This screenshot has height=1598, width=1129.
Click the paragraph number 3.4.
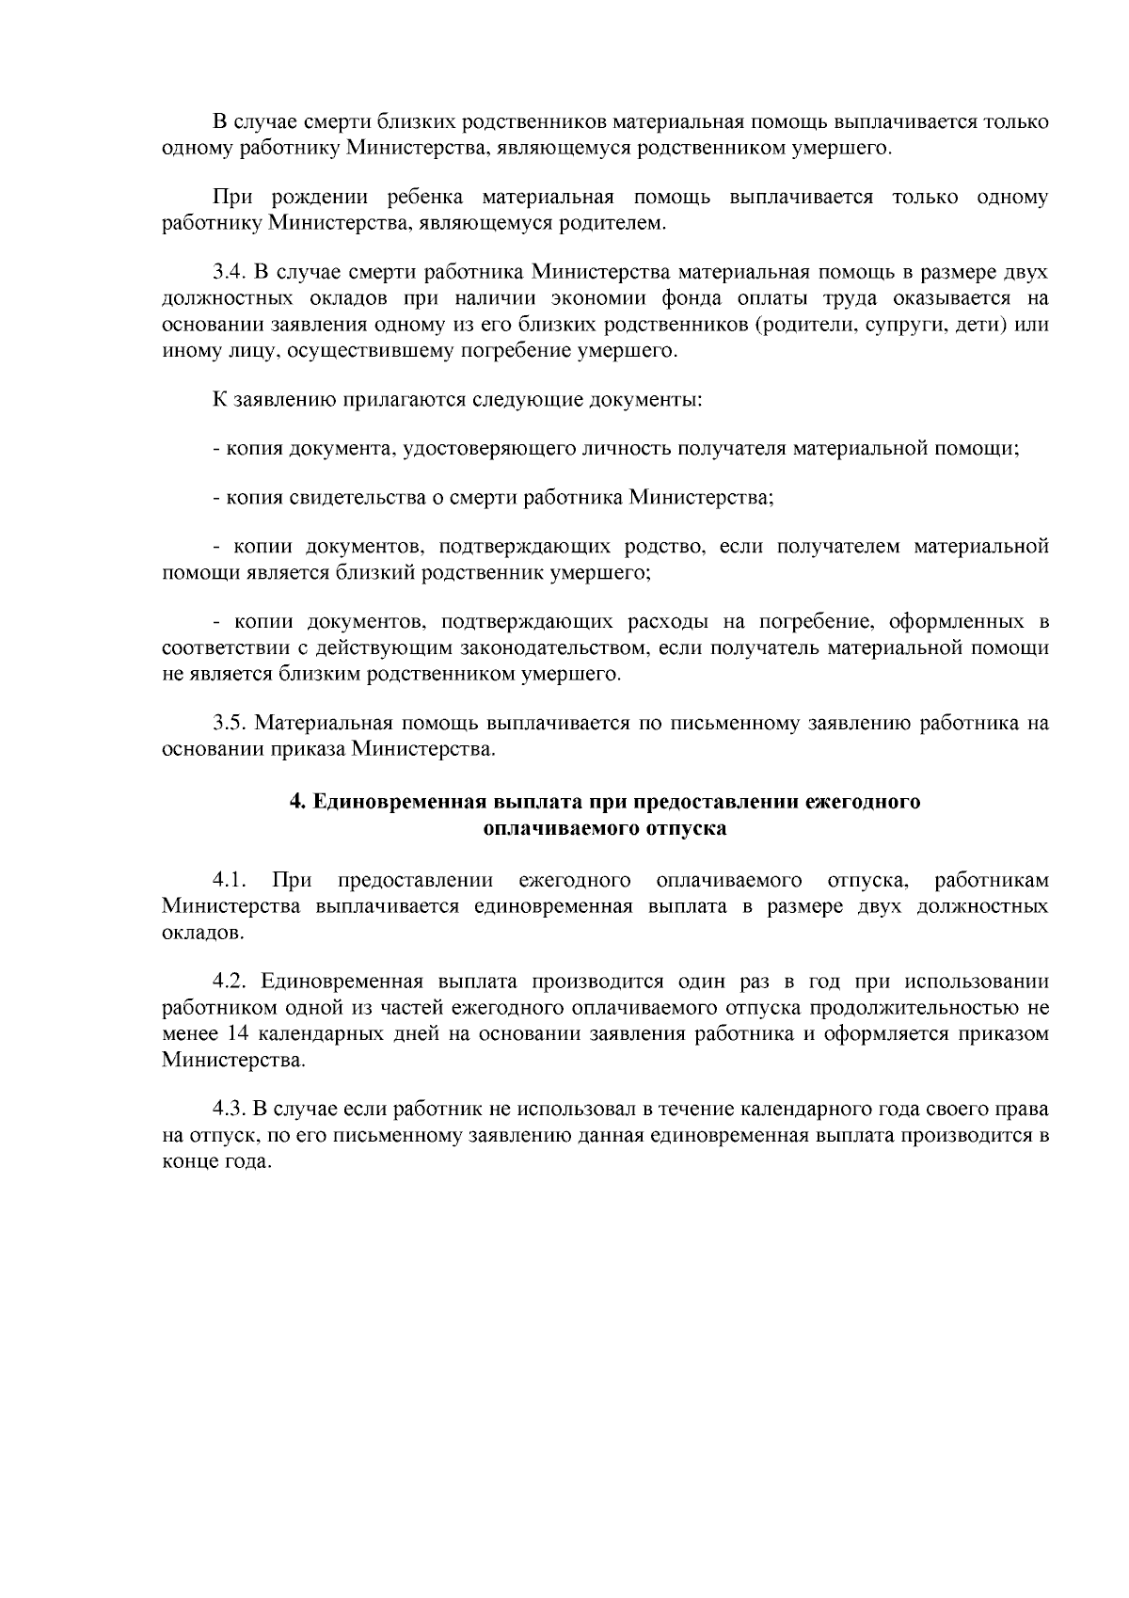click(230, 273)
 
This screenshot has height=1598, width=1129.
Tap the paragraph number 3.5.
click(230, 724)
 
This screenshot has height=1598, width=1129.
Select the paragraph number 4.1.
click(230, 881)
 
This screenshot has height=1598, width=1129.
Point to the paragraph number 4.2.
click(230, 982)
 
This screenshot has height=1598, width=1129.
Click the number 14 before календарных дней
click(239, 1034)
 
